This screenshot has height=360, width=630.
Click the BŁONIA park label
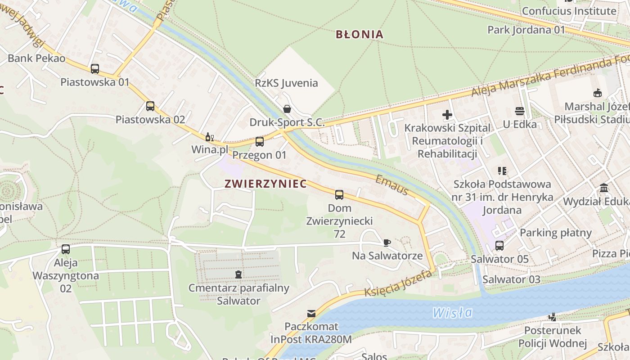[360, 34]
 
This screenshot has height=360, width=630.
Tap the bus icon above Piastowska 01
[95, 69]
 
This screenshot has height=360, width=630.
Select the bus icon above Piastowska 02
[150, 106]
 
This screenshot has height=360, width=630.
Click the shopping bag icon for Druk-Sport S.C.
[287, 109]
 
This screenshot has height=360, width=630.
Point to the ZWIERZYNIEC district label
[265, 184]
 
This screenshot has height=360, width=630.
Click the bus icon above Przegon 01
[260, 142]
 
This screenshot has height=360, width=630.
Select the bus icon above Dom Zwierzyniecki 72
[339, 195]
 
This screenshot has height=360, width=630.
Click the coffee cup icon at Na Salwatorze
[387, 243]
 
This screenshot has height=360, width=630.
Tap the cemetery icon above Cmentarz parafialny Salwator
[238, 274]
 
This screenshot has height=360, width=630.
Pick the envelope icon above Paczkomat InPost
[311, 313]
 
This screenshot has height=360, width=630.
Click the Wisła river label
[452, 312]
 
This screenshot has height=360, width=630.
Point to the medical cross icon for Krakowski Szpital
[447, 115]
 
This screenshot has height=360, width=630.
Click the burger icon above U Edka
[520, 111]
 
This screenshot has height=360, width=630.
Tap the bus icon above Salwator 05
[499, 246]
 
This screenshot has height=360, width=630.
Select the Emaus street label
[392, 185]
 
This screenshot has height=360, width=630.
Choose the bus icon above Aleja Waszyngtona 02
[66, 249]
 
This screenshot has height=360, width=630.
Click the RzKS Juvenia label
[286, 83]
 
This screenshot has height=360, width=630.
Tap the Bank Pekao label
[36, 58]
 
